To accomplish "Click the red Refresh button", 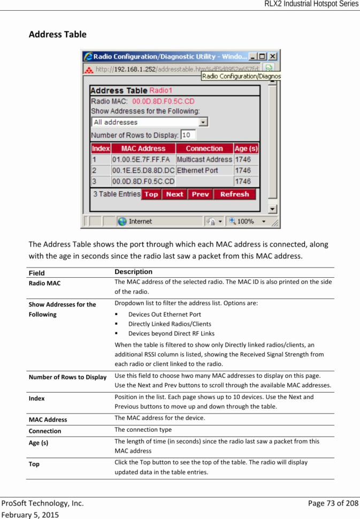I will (234, 194).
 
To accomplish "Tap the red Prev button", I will (200, 194).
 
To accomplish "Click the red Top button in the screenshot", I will (151, 194).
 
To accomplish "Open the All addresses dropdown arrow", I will (203, 122).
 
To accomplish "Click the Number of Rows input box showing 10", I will (188, 135).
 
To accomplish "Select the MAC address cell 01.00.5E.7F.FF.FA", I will (143, 159).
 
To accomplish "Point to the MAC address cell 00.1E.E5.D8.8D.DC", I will (143, 170).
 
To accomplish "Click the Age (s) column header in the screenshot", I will (246, 148).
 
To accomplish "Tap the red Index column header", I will (101, 148).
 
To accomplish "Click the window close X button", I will (273, 56).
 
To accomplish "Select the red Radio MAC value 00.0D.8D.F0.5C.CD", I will (163, 101).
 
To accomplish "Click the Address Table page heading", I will (57, 35).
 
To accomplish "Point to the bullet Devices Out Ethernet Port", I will (164, 314).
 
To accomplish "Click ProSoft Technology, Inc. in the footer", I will (42, 503).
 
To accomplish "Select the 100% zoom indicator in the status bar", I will (245, 221).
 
